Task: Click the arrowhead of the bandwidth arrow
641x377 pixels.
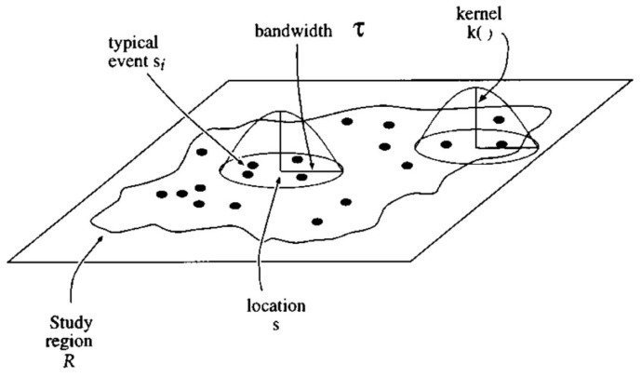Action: coord(313,170)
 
